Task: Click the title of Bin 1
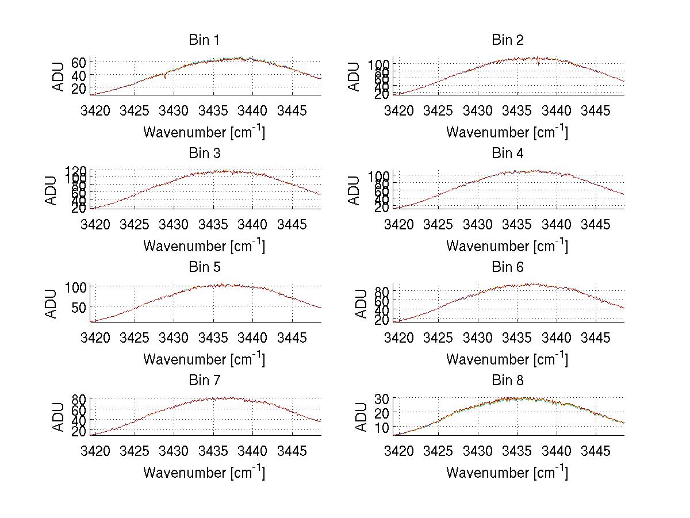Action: coord(204,40)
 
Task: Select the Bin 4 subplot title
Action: coord(508,154)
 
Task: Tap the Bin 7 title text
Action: coord(204,381)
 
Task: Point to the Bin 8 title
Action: coord(508,381)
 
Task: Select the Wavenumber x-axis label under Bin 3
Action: coord(204,245)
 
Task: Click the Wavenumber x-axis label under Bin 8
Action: coord(507,472)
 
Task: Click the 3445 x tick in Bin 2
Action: coord(595,110)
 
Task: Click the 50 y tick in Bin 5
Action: coord(79,307)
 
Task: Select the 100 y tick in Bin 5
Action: coord(75,287)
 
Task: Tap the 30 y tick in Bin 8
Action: coord(382,398)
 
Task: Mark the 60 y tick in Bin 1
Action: coord(79,62)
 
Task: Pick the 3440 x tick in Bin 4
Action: coord(556,224)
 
